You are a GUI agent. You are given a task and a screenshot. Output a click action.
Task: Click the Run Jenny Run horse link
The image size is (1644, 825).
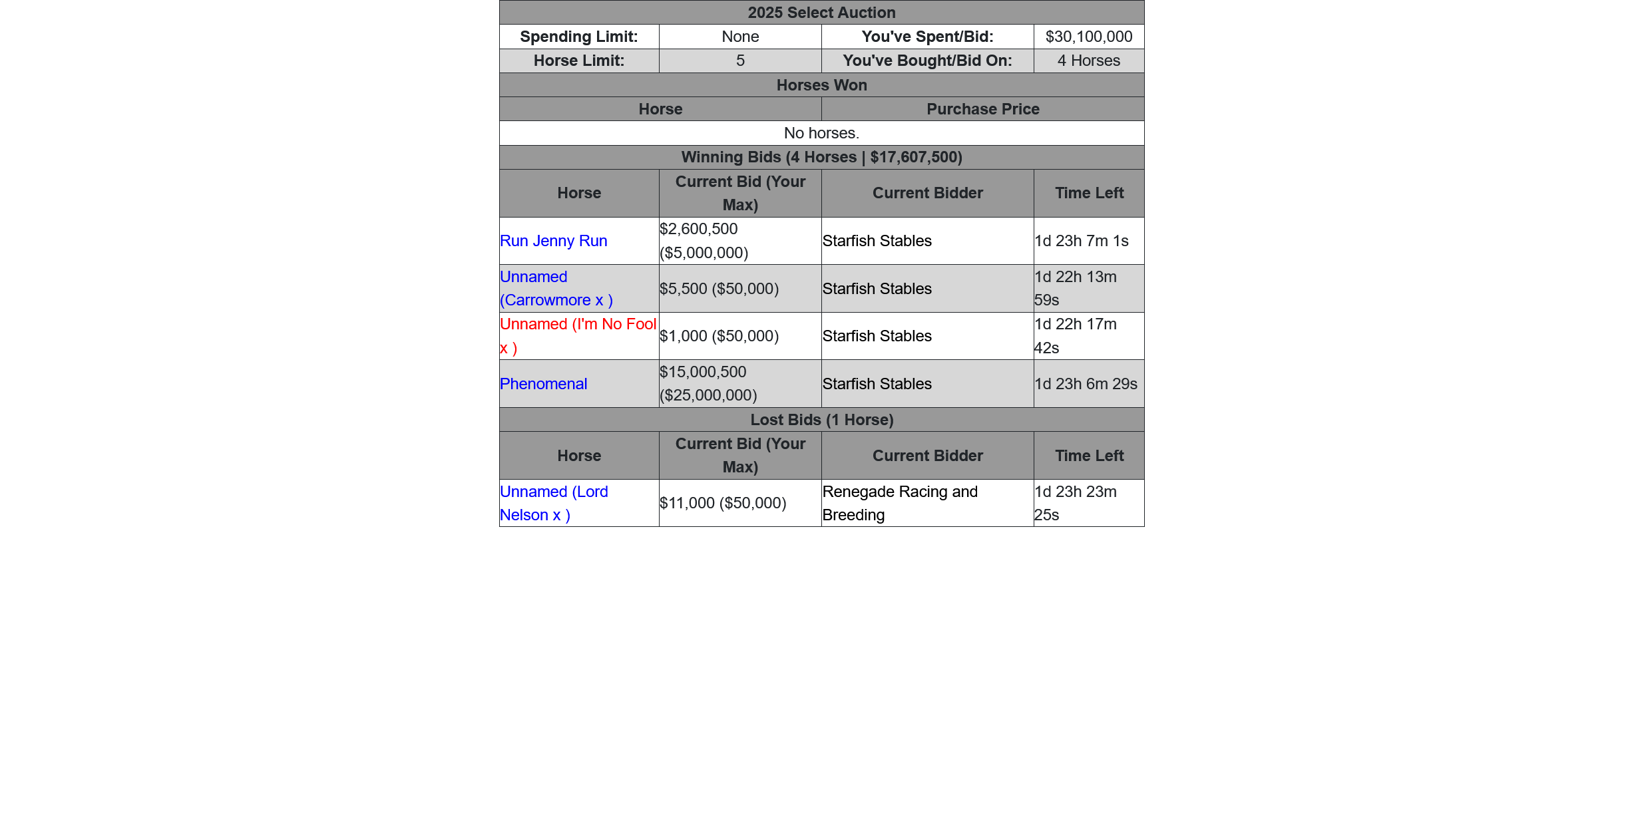[x=553, y=241]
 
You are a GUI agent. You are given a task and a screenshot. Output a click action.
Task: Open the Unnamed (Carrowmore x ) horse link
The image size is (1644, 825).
[x=556, y=289]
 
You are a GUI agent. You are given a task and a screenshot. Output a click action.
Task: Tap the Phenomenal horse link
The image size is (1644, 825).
[x=543, y=384]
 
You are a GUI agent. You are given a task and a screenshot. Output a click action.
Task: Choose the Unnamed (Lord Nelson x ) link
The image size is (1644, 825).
[x=553, y=503]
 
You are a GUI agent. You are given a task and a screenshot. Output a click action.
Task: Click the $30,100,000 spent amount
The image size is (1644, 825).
[x=1088, y=37]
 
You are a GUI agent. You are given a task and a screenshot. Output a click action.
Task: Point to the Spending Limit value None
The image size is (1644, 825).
[x=740, y=37]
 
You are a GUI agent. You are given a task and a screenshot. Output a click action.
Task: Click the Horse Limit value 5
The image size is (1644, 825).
[x=740, y=61]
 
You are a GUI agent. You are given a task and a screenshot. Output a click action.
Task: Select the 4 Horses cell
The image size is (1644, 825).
[x=1088, y=61]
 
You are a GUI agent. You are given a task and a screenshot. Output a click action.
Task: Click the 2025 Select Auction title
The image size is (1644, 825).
[x=821, y=13]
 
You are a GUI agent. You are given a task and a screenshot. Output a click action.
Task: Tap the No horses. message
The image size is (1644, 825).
[x=821, y=133]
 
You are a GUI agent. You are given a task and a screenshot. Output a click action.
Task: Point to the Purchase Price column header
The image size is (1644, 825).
[x=982, y=109]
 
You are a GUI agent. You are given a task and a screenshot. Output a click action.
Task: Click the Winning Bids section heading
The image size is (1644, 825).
[x=821, y=157]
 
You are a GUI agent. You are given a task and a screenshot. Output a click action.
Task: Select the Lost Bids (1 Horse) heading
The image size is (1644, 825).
[x=821, y=420]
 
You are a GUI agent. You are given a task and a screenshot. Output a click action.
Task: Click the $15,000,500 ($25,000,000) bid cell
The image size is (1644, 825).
[x=708, y=384]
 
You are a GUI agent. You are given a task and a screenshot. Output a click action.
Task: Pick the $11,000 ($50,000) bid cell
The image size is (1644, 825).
[x=723, y=503]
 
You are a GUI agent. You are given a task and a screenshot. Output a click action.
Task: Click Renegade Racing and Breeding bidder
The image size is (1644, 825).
[x=900, y=503]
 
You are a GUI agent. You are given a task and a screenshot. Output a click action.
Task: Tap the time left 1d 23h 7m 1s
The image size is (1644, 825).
[x=1082, y=241]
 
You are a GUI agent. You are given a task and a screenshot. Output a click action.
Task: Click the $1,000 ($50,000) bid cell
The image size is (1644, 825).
[x=719, y=336]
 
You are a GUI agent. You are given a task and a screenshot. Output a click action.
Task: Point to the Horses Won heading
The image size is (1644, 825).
[x=821, y=85]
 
